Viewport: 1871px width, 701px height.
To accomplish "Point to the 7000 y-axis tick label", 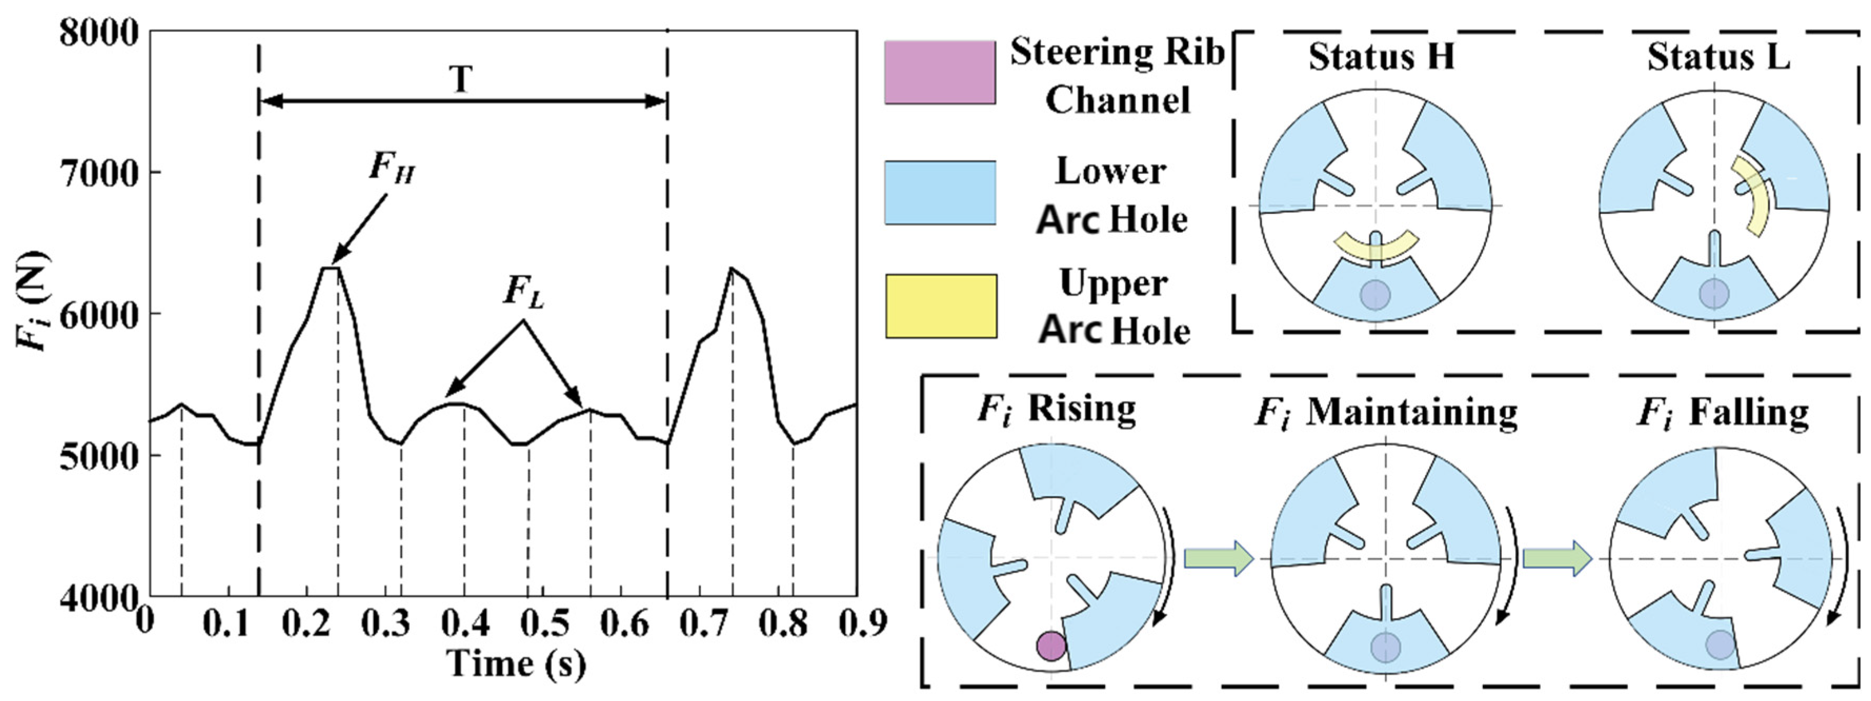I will click(x=98, y=174).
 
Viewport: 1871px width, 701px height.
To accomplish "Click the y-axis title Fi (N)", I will click(x=33, y=301).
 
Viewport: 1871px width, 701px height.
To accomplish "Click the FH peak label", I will click(x=392, y=168).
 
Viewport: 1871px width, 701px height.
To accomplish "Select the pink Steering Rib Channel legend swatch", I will click(x=940, y=72).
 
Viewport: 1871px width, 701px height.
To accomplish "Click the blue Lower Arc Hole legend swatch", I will click(x=940, y=192).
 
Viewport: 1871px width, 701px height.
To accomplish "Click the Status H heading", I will click(x=1381, y=57).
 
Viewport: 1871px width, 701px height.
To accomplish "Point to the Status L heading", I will click(x=1718, y=57).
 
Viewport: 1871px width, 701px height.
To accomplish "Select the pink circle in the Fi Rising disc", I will click(x=1050, y=645).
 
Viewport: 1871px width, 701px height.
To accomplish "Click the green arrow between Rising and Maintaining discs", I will click(x=1219, y=558).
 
